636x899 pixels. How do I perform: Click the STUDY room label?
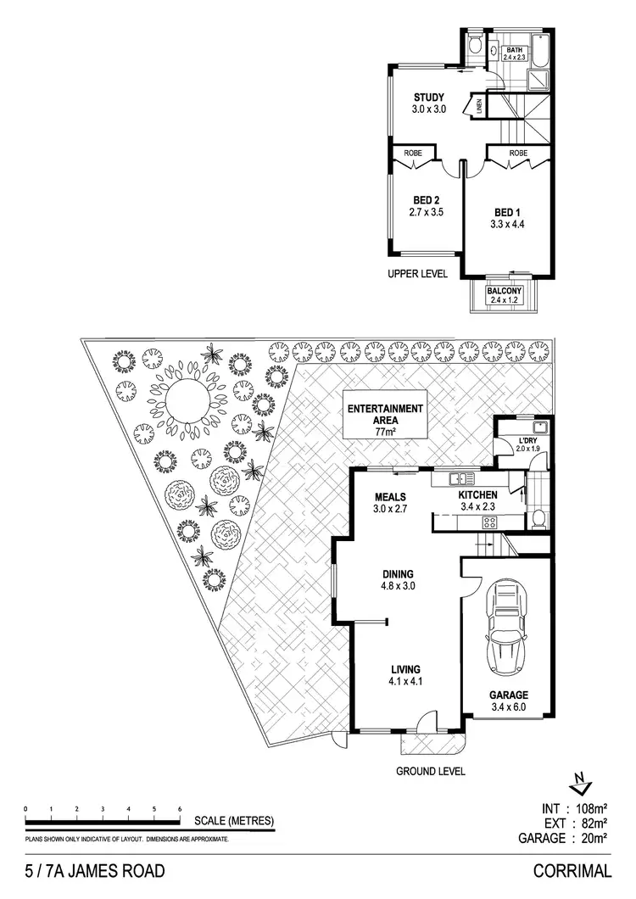pos(429,96)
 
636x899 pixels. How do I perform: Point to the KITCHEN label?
pos(477,494)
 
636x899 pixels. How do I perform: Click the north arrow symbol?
pos(578,782)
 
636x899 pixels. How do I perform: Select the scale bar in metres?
pos(103,820)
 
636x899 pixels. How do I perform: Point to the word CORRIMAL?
pos(572,870)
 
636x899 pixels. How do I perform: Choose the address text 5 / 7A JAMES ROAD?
pos(90,870)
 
